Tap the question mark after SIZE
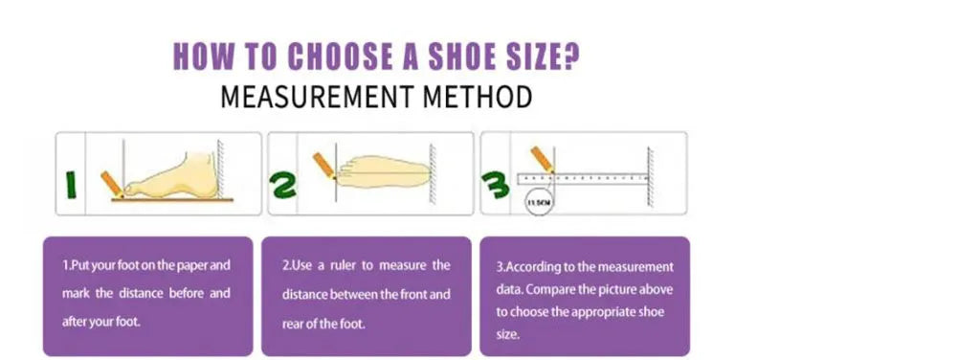click(571, 56)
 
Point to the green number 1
click(71, 186)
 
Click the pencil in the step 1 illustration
click(113, 184)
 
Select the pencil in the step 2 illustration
click(324, 166)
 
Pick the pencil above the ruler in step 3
click(543, 159)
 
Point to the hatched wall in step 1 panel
click(222, 169)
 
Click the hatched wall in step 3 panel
click(650, 177)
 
